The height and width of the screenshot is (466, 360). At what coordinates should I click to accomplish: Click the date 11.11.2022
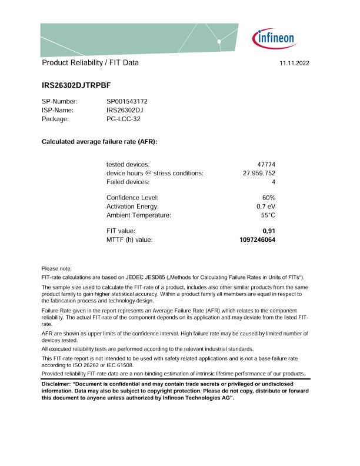click(295, 63)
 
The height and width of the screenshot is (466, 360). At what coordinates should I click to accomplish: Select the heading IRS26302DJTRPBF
click(80, 85)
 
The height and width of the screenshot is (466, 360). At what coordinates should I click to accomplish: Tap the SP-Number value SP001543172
click(127, 101)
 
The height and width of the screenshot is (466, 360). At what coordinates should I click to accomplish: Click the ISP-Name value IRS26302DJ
click(125, 110)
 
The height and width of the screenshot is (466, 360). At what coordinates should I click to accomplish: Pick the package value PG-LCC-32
click(124, 119)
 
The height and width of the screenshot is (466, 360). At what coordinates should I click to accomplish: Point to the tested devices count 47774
click(264, 164)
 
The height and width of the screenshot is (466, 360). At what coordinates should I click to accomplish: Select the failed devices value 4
click(274, 182)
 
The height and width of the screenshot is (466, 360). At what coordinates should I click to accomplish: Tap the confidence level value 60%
click(269, 198)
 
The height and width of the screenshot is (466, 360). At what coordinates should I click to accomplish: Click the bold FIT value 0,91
click(269, 231)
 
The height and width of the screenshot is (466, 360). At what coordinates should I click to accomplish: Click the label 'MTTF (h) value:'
click(129, 240)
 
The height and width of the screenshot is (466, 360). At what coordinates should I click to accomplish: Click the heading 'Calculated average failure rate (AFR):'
click(99, 142)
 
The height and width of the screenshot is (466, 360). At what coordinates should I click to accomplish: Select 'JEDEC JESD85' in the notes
click(147, 277)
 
